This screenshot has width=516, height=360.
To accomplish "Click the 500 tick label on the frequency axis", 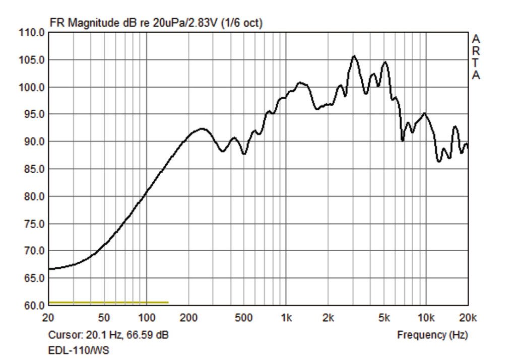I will pyautogui.click(x=244, y=318).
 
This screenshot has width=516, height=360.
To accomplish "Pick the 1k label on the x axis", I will pyautogui.click(x=286, y=318).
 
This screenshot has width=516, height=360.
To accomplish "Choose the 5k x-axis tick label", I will pyautogui.click(x=384, y=318).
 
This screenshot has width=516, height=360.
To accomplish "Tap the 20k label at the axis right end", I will pyautogui.click(x=468, y=318).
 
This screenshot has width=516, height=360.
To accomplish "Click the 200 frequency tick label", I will pyautogui.click(x=188, y=318).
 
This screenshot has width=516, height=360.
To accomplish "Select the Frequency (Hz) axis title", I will pyautogui.click(x=432, y=335).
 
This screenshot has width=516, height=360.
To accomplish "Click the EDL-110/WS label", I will pyautogui.click(x=79, y=350).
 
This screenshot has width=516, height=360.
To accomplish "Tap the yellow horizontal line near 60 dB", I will pyautogui.click(x=108, y=302).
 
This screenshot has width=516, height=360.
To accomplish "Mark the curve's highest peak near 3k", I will pyautogui.click(x=354, y=56).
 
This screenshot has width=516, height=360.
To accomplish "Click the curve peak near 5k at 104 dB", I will pyautogui.click(x=385, y=62).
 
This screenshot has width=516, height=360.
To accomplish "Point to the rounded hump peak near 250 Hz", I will pyautogui.click(x=202, y=129).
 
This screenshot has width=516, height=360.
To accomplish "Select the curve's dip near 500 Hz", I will pyautogui.click(x=244, y=154).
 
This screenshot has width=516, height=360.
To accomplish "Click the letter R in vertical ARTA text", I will pyautogui.click(x=476, y=51).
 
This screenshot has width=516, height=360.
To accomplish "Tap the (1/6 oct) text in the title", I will pyautogui.click(x=241, y=23).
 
